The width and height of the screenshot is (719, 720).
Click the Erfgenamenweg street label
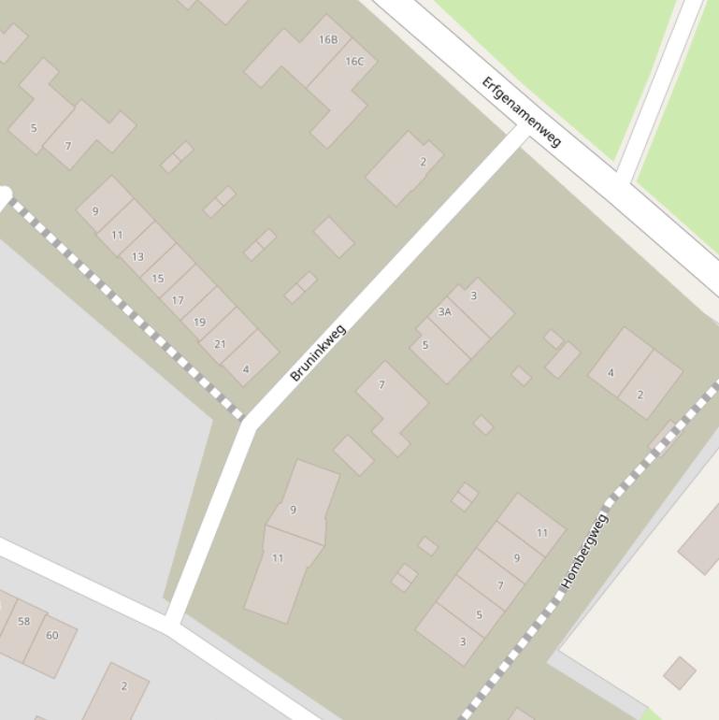[521, 111]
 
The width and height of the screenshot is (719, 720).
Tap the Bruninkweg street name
[318, 353]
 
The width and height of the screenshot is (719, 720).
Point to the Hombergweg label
[584, 551]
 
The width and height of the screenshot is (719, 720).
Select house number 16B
[327, 39]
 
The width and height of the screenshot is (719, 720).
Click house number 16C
[354, 62]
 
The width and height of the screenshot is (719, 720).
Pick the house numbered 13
[137, 256]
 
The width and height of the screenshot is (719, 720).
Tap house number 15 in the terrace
[157, 278]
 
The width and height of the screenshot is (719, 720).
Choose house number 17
[178, 300]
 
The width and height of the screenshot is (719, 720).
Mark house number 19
[199, 322]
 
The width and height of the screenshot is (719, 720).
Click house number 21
[220, 344]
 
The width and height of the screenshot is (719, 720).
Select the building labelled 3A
[444, 312]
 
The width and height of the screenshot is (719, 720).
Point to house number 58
[24, 621]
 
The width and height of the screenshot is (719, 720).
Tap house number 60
[52, 636]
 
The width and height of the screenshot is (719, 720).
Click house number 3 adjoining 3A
[473, 296]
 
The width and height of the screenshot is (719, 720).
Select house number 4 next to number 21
[246, 369]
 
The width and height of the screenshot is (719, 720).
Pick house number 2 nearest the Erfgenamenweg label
[423, 162]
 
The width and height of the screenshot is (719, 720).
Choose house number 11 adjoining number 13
[117, 235]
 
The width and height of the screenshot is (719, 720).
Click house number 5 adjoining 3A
[425, 345]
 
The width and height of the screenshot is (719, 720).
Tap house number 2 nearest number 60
[123, 686]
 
